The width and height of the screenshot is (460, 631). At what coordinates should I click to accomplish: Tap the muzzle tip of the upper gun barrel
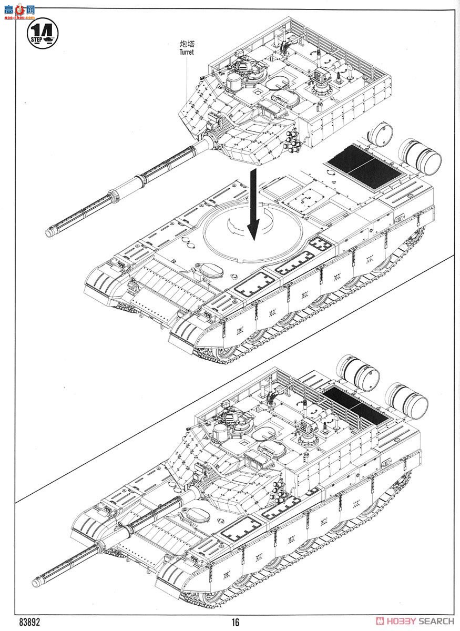pyautogui.click(x=50, y=231)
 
